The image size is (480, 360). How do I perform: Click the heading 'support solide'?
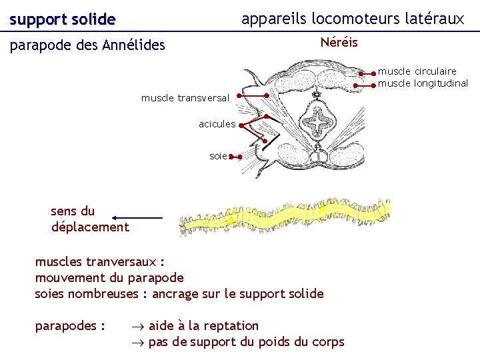(63, 20)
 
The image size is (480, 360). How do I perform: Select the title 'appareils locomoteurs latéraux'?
(353, 19)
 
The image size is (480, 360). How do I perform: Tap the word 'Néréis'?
(339, 43)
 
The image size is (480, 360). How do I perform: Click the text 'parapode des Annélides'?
(87, 45)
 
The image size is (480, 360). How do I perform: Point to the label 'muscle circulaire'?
(417, 71)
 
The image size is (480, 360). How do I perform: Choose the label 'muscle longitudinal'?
(423, 83)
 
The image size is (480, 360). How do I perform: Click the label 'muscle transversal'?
(185, 98)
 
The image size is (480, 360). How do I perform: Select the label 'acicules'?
(217, 123)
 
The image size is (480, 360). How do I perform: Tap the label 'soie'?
(218, 156)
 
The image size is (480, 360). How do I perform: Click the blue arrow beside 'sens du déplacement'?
(137, 218)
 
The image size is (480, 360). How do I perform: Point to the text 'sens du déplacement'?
(89, 219)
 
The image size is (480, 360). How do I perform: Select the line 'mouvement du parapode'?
(109, 277)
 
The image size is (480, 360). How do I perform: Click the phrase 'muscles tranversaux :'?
(99, 261)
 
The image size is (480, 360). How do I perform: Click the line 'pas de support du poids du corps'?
(246, 342)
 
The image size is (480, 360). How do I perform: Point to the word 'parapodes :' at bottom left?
(69, 325)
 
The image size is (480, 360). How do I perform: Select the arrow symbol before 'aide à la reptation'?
(137, 326)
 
